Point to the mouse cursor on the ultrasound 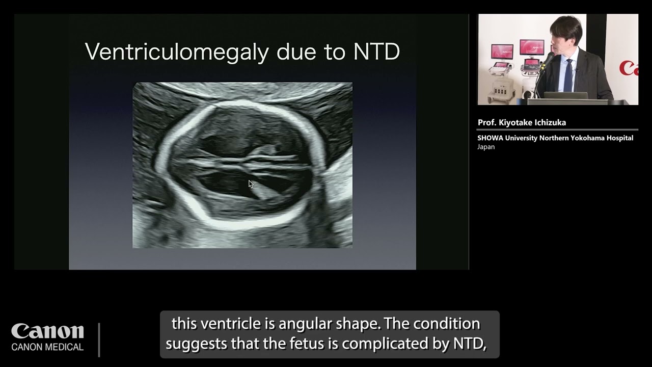(250, 184)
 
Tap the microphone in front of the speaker (547, 61)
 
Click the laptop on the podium (565, 95)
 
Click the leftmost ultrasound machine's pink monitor (501, 51)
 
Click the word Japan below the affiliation (486, 147)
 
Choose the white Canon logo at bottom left (47, 331)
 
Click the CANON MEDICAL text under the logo (47, 347)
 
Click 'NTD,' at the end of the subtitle (470, 344)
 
